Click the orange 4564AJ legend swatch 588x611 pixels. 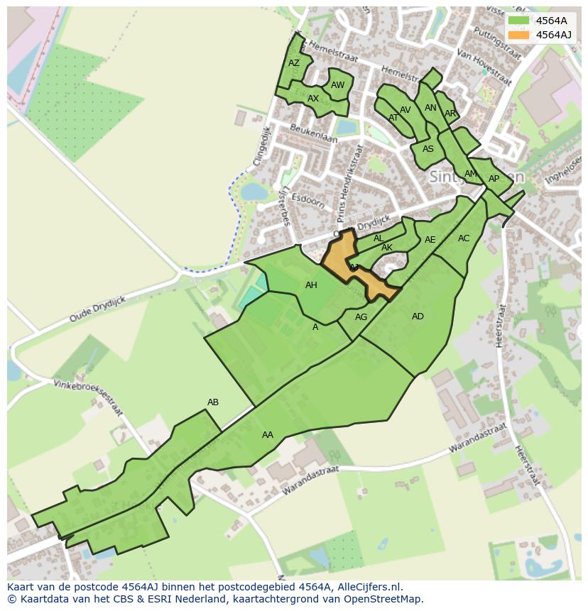coord(519,35)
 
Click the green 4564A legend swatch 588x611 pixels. coord(519,21)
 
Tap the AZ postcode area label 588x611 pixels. coord(294,63)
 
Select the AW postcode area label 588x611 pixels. coord(338,85)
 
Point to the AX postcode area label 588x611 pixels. coord(313,99)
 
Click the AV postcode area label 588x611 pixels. coord(405,110)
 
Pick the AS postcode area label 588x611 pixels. coord(428,149)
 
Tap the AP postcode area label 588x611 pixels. coord(494,179)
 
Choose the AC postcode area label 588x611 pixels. coord(464,238)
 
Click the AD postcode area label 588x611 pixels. coord(418,316)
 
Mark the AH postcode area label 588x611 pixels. coord(311,285)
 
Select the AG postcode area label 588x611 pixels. coord(361,317)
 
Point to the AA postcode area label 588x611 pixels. coord(268,435)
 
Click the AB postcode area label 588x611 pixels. coord(213,402)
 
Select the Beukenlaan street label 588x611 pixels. coord(313,133)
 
